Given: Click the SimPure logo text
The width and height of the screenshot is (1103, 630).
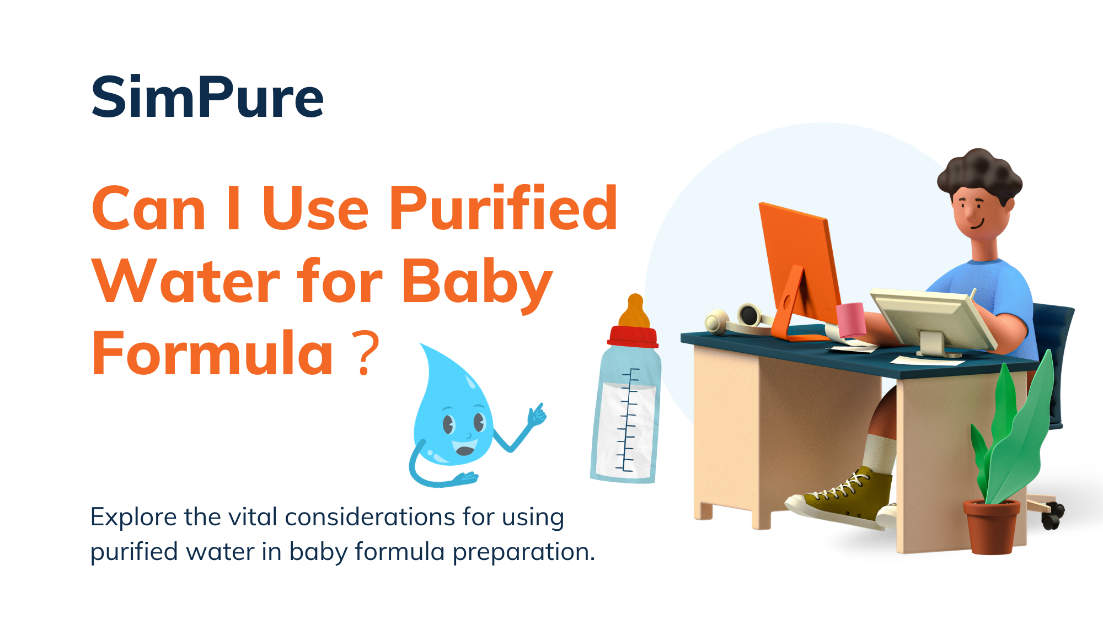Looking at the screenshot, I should (x=207, y=98).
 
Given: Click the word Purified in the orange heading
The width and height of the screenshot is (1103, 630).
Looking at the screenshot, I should (x=503, y=209).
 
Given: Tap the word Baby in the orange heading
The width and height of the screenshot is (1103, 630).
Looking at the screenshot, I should (x=476, y=282).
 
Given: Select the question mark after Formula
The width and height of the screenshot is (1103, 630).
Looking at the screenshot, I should (x=367, y=354).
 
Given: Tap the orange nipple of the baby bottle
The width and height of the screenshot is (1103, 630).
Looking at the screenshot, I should (x=634, y=311).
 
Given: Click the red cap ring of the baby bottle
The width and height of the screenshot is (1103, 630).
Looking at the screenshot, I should (x=633, y=337).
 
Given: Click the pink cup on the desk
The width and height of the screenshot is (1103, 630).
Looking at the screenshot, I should (x=851, y=319).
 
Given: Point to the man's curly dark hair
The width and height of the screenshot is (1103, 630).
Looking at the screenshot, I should (x=979, y=171).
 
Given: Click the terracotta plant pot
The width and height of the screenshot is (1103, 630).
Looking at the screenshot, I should (x=991, y=526).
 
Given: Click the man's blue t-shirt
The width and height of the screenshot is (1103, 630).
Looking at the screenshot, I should (x=993, y=287).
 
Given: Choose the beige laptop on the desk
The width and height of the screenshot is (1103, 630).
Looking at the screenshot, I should (x=932, y=320).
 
